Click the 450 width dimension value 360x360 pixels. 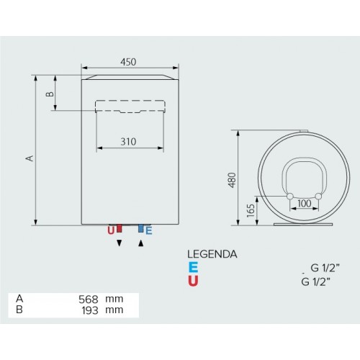point(128,62)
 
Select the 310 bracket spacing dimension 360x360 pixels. point(128,142)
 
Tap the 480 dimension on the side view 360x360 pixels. point(232,180)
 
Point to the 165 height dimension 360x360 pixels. point(251,210)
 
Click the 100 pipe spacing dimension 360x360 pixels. point(305,204)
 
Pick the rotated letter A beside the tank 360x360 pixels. point(30,158)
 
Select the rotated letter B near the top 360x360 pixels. point(50,94)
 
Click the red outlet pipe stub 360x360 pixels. point(120,228)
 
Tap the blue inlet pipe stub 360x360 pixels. point(141,228)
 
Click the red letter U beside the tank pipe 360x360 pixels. point(111,230)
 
